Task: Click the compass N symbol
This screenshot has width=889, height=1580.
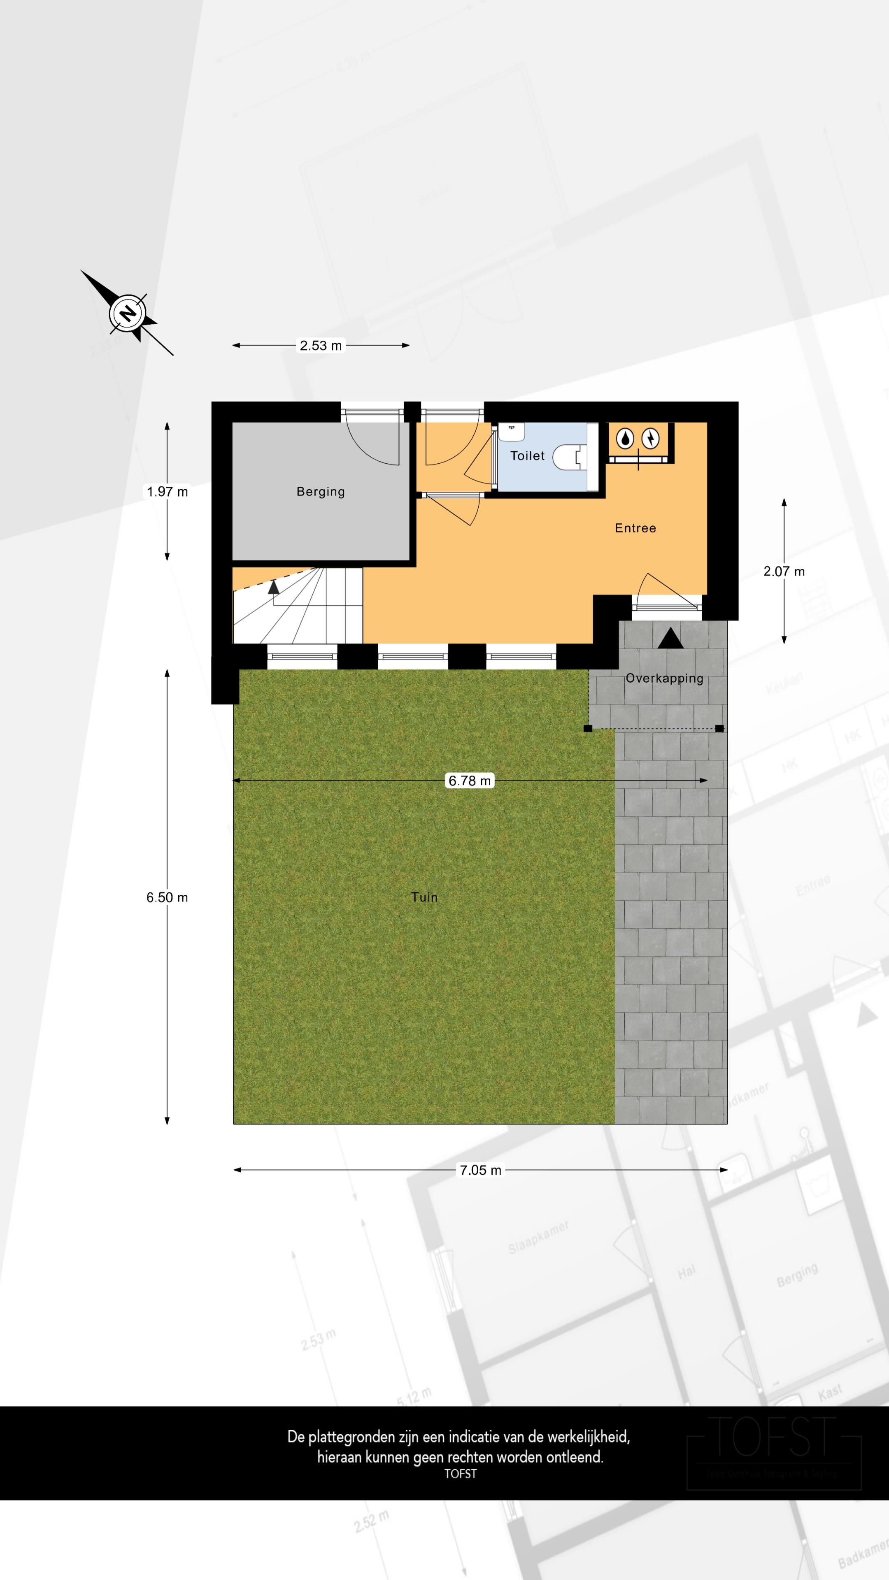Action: [128, 314]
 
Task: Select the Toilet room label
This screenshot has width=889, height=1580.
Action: [527, 456]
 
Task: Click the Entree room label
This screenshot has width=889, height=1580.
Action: [635, 528]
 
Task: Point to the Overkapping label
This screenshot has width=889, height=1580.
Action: [664, 678]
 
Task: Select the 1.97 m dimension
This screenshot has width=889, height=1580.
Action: [167, 491]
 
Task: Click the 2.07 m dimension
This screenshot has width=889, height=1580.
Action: [784, 571]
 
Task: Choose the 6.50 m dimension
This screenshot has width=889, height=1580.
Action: [167, 897]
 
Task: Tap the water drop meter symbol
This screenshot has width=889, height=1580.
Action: [625, 439]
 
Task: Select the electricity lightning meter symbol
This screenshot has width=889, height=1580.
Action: [650, 439]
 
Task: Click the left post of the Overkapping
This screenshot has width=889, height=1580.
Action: [588, 729]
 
